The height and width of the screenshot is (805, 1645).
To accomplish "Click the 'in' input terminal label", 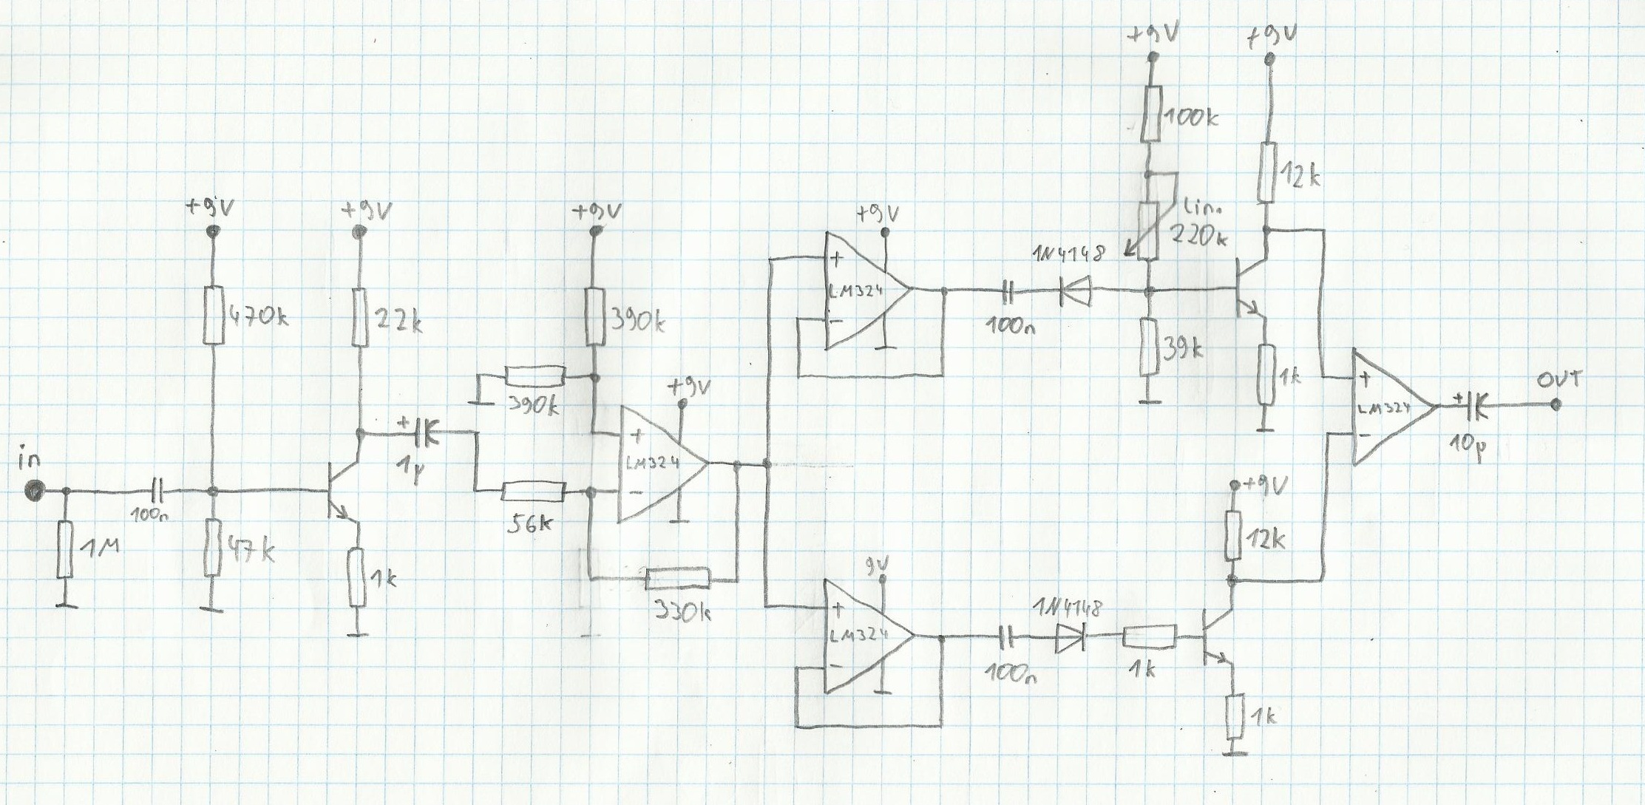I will coord(30,461).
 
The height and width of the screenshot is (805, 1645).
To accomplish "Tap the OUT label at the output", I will coord(1558,380).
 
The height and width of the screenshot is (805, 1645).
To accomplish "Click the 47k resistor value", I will coord(248,551).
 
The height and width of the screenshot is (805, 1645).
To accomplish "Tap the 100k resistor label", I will coord(1190,117).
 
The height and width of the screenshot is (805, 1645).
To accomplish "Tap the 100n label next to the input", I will coord(150,517).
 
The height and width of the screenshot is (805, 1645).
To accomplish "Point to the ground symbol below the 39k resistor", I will coord(1147,401).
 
